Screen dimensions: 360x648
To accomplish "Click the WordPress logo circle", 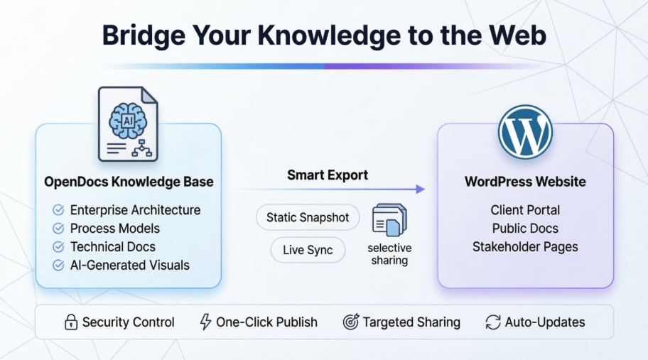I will pos(525,132).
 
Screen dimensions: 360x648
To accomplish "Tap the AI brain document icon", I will pos(128,124).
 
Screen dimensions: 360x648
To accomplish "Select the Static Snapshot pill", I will pos(308,217).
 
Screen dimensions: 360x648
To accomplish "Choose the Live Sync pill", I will pos(308,250).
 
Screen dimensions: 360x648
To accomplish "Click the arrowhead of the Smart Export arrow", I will pos(420,189).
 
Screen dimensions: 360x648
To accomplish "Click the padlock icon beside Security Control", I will pos(70,322).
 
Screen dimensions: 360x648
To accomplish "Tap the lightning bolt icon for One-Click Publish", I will pos(205,322).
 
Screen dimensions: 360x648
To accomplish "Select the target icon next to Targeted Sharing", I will pos(350,322).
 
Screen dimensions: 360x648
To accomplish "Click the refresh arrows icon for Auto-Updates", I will pos(492,322).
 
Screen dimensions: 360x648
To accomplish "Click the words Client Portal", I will pos(525,210).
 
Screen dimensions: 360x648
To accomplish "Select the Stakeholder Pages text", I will pos(525,247).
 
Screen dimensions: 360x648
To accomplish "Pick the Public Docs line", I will pos(525,229).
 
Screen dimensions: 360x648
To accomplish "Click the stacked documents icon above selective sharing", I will pos(389,221).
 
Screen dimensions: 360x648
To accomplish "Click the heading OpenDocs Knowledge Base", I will pos(129,182).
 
